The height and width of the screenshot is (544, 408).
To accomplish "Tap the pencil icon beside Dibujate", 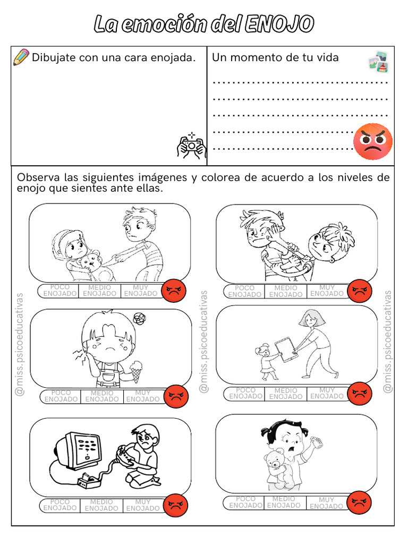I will [21, 57].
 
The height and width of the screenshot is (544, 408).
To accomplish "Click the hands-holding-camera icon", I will [191, 146].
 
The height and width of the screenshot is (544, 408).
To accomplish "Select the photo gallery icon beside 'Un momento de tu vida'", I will [378, 61].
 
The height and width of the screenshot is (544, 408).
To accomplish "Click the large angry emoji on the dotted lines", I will [373, 141].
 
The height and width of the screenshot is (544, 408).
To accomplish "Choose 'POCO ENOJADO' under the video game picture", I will [60, 505].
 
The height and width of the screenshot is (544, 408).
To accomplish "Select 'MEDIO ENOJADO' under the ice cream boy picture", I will [101, 396].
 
